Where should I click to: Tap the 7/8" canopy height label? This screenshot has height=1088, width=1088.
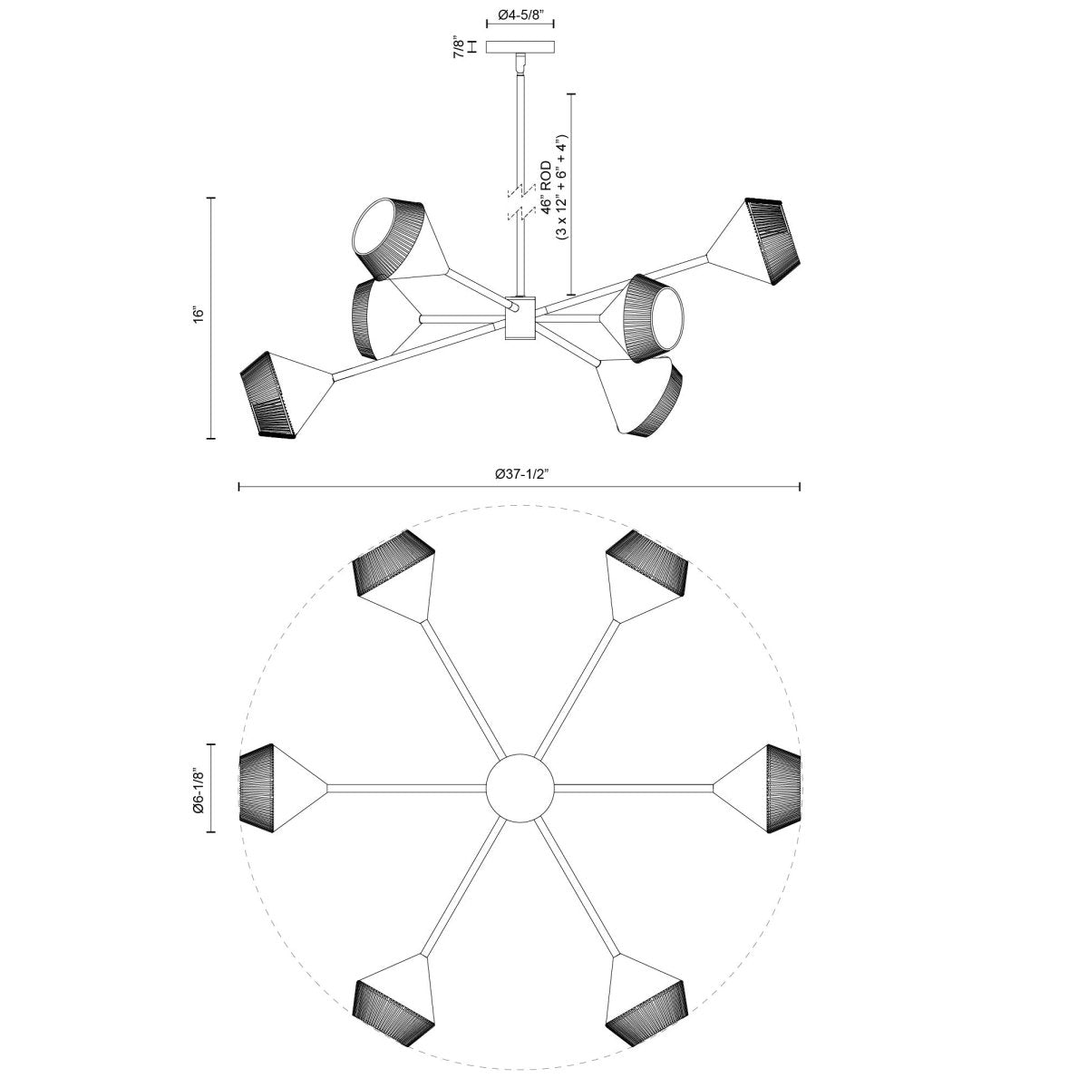coord(460,47)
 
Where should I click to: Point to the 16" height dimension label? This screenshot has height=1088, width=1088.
coord(199,314)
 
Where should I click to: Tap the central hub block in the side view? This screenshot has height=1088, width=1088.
coord(520,318)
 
